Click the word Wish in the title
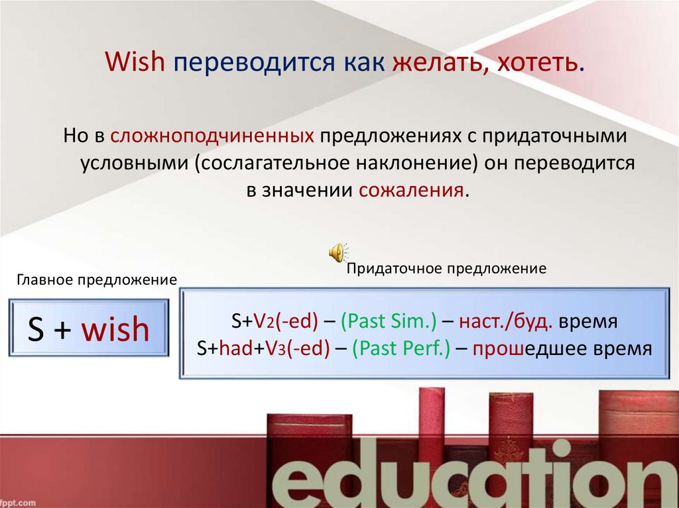(136, 64)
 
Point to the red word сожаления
(412, 191)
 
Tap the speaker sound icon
(337, 252)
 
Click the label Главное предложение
(97, 279)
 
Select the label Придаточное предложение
(446, 268)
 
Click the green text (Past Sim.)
(389, 323)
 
